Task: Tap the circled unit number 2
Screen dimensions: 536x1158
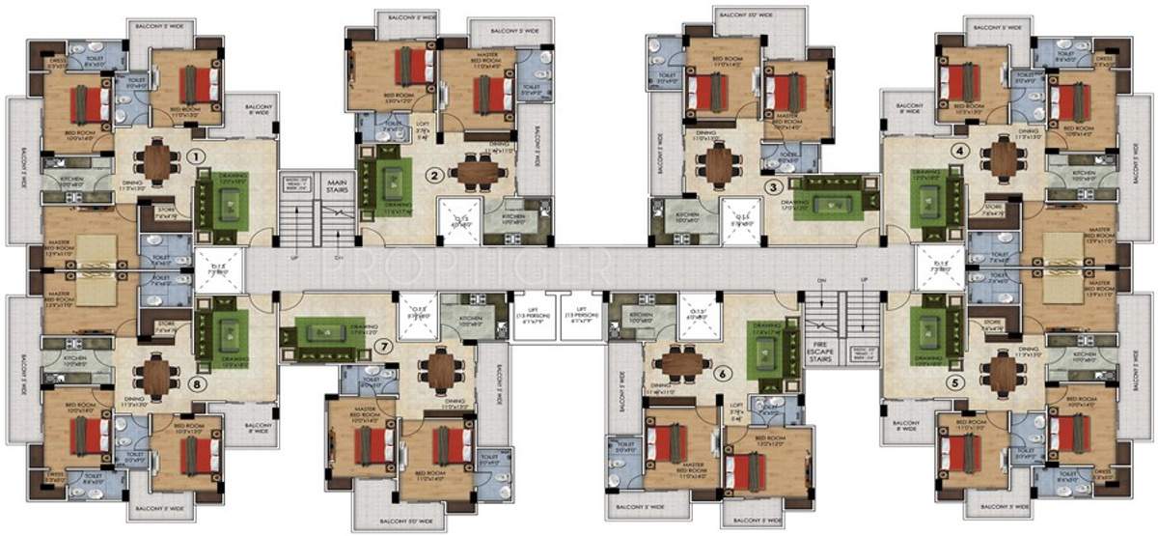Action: pyautogui.click(x=435, y=175)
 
